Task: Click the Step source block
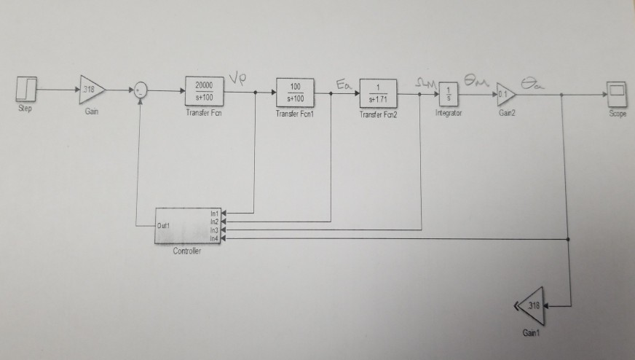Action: tap(26, 90)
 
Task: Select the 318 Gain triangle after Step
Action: tap(91, 90)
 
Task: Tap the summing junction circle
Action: tap(140, 90)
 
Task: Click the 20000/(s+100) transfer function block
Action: tap(205, 91)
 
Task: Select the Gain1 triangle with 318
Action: tap(532, 307)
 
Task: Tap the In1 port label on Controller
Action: tap(213, 213)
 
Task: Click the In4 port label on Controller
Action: tap(213, 238)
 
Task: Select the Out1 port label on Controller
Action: tap(164, 226)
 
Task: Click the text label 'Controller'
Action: tap(186, 251)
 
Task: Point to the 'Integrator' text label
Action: tap(448, 114)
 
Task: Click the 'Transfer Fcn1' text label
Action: tap(295, 114)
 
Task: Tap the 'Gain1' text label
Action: tap(532, 332)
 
